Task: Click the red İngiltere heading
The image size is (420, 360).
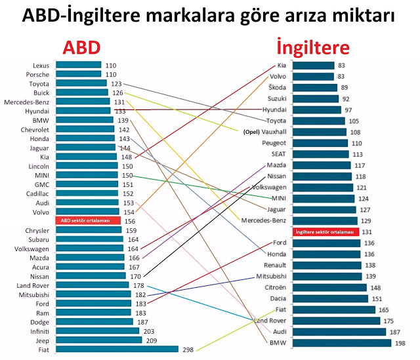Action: pos(312,47)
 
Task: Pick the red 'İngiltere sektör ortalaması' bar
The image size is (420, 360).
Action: pos(325,232)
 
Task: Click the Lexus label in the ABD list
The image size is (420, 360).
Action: pos(41,65)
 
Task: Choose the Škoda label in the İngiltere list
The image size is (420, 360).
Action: pos(277,87)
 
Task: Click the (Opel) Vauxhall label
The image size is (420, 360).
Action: pos(264,132)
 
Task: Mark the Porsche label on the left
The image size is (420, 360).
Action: pos(39,74)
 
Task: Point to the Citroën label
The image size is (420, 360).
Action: pos(274,287)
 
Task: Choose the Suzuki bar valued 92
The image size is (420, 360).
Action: pos(316,98)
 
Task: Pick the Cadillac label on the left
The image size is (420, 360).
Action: pos(37,193)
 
